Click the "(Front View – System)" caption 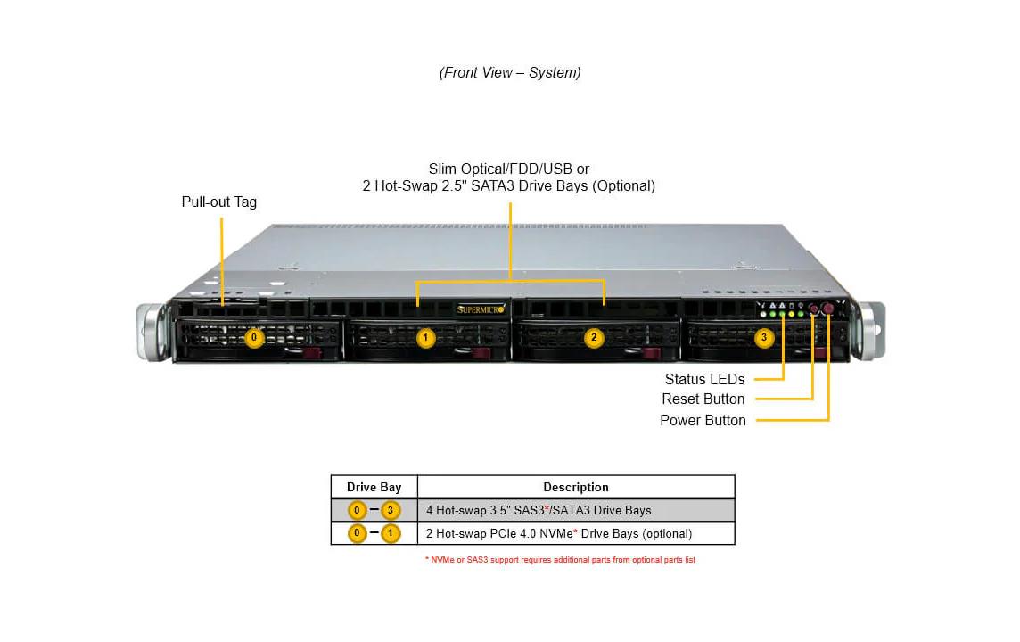[509, 72]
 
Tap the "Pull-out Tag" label [218, 202]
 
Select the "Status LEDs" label [704, 379]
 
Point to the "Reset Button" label [703, 399]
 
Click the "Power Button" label [703, 420]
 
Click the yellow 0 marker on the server [255, 338]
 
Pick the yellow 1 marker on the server [426, 338]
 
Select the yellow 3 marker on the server [763, 338]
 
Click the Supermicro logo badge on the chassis [481, 309]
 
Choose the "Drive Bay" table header [374, 487]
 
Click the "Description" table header [576, 487]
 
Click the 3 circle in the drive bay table [391, 511]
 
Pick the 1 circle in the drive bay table [391, 533]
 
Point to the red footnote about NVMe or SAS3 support [560, 560]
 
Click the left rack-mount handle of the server [152, 332]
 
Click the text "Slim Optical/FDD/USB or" [508, 169]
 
